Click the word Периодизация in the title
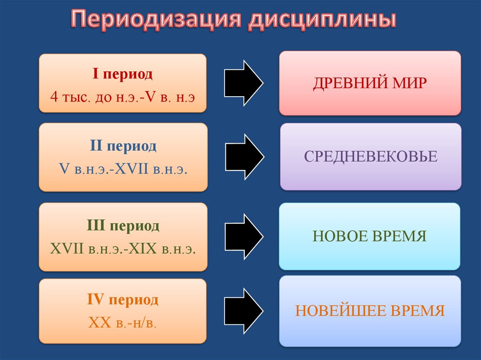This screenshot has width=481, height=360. pyautogui.click(x=156, y=21)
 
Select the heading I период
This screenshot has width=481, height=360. pyautogui.click(x=122, y=74)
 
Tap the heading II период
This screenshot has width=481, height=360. pyautogui.click(x=123, y=146)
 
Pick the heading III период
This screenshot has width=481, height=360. pyautogui.click(x=123, y=226)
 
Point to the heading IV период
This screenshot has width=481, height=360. pyautogui.click(x=123, y=300)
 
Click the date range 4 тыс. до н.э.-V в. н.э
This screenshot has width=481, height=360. pyautogui.click(x=122, y=98)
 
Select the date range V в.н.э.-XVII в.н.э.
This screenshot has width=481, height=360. pyautogui.click(x=123, y=169)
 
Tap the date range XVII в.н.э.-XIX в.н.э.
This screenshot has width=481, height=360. pyautogui.click(x=123, y=249)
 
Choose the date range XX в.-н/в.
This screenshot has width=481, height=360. pyautogui.click(x=123, y=322)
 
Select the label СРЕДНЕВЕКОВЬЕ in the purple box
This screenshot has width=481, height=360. pyautogui.click(x=371, y=157)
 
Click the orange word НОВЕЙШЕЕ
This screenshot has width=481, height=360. pyautogui.click(x=343, y=311)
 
